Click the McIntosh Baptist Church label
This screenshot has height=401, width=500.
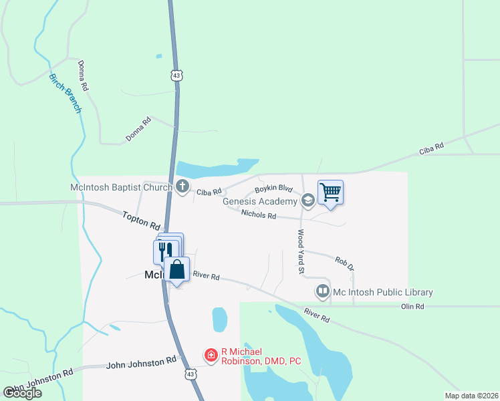point(122,187)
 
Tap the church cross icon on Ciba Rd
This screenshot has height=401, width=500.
point(184,187)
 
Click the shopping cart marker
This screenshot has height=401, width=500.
point(330,192)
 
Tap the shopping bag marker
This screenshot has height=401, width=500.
point(176,269)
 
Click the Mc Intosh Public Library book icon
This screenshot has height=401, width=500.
point(322,291)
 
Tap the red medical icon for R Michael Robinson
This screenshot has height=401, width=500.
point(211,355)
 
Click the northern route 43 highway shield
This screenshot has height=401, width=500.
point(176,76)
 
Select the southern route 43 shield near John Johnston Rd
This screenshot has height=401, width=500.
point(191,376)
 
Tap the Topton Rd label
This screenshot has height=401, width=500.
point(142,220)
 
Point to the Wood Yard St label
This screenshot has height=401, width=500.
point(301,252)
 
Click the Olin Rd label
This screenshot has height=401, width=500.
point(412,306)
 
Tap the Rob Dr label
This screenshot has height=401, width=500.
point(344,263)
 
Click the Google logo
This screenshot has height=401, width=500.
point(22,393)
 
